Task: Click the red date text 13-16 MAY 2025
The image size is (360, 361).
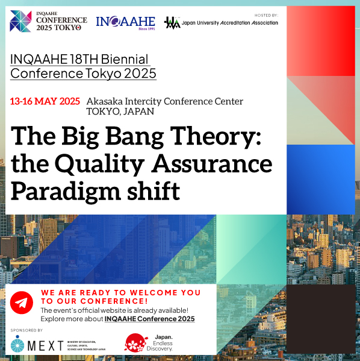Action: pyautogui.click(x=45, y=101)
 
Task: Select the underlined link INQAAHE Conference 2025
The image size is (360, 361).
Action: pyautogui.click(x=149, y=318)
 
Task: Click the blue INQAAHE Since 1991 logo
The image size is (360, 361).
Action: pyautogui.click(x=125, y=23)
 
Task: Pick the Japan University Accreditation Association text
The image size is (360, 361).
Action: pyautogui.click(x=229, y=23)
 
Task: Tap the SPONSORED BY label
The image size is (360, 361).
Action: pyautogui.click(x=26, y=330)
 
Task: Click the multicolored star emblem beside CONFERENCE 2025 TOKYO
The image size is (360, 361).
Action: pyautogui.click(x=20, y=21)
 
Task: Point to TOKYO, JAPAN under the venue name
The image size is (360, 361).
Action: pyautogui.click(x=120, y=111)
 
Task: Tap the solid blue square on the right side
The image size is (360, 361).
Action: pyautogui.click(x=320, y=179)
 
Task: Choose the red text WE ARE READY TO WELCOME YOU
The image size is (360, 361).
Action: pyautogui.click(x=120, y=292)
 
